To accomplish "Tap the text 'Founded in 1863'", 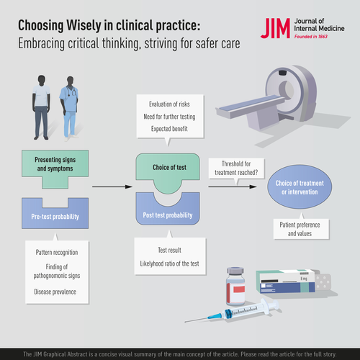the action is click(x=311, y=37).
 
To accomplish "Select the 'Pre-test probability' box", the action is click(x=55, y=213).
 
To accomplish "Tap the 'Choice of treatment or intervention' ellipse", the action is click(x=300, y=186).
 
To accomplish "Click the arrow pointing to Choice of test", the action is click(x=112, y=186).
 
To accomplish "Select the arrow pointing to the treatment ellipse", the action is click(x=233, y=186).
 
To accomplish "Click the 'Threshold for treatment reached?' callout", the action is click(x=236, y=168).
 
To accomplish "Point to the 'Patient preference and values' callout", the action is click(x=301, y=229).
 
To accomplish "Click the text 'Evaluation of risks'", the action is click(x=169, y=104).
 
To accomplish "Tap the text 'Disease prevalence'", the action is click(x=55, y=292).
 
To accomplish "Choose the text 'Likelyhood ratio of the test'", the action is click(x=169, y=264).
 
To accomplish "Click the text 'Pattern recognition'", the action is click(x=57, y=253).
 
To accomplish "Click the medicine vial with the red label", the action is click(x=235, y=287).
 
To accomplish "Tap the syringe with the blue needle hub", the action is click(x=233, y=312).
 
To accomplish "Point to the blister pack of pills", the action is click(x=323, y=282).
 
